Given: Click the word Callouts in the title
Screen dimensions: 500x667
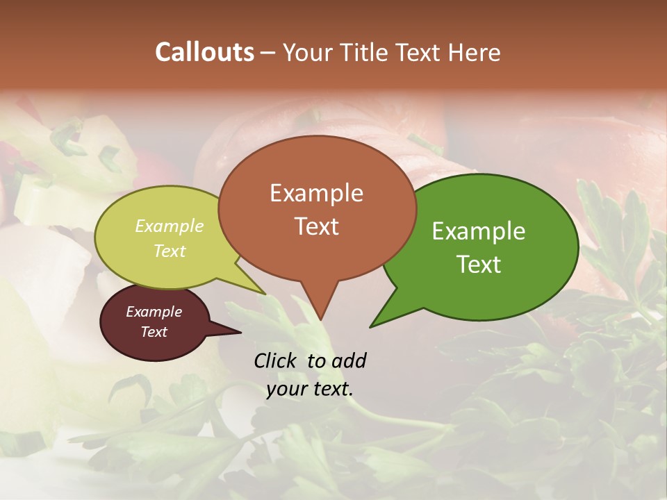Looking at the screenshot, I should tap(204, 52).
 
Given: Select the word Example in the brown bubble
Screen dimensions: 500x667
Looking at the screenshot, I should tap(316, 193).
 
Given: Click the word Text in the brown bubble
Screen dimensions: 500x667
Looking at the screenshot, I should tap(316, 226).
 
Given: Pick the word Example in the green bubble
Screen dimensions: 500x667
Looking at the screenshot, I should tap(479, 231).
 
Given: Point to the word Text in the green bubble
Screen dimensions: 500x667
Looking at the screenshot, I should tap(479, 265).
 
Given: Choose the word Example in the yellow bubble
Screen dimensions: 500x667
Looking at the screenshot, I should tap(170, 226).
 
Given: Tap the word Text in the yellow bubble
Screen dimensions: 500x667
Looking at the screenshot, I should tap(170, 251).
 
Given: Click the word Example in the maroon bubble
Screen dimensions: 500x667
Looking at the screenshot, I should tap(154, 312).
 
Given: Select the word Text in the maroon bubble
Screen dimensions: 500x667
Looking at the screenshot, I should tap(154, 332).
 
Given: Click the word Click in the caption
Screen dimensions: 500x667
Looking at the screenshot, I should tap(277, 360).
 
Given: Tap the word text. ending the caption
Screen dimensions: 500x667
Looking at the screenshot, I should tap(331, 389).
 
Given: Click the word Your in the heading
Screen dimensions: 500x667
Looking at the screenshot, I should tap(306, 52).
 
